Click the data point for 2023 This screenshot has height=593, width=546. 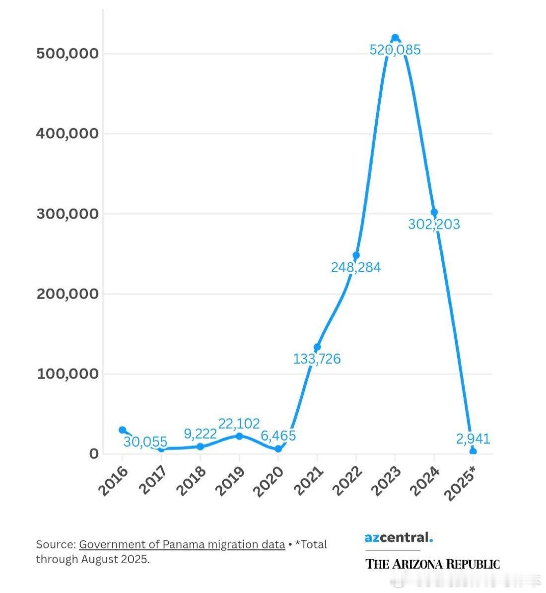pyautogui.click(x=395, y=38)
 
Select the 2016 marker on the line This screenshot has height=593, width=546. pyautogui.click(x=122, y=430)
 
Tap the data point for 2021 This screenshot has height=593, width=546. pyautogui.click(x=317, y=347)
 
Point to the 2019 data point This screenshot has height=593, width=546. pyautogui.click(x=239, y=436)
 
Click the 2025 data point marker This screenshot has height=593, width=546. pyautogui.click(x=473, y=451)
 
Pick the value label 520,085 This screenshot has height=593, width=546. pyautogui.click(x=395, y=50)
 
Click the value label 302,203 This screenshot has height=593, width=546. pyautogui.click(x=434, y=224)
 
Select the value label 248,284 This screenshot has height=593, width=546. pyautogui.click(x=356, y=268)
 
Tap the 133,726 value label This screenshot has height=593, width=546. pyautogui.click(x=317, y=359)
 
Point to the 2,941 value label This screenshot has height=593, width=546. pyautogui.click(x=473, y=439)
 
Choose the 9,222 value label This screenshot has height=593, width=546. pyautogui.click(x=200, y=434)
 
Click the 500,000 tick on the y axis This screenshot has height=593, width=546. pyautogui.click(x=68, y=54)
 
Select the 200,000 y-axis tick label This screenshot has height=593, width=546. pyautogui.click(x=68, y=294)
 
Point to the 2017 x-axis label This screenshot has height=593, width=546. pyautogui.click(x=152, y=482)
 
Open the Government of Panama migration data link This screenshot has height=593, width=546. pyautogui.click(x=182, y=544)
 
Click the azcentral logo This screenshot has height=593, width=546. pyautogui.click(x=399, y=537)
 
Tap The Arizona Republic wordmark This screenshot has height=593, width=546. pyautogui.click(x=432, y=564)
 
